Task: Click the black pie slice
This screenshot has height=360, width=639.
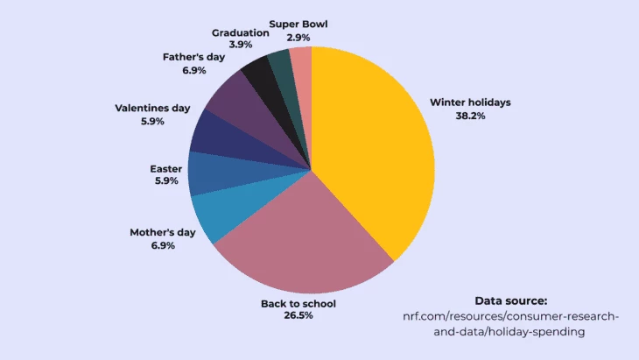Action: coord(259,77)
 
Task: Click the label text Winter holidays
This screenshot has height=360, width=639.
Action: coord(470,102)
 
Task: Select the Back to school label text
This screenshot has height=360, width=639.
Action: coord(298,304)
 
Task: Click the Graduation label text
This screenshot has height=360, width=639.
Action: coord(241,33)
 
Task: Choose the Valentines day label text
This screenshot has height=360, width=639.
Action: coord(152,109)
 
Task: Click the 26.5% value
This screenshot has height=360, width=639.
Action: coord(298,315)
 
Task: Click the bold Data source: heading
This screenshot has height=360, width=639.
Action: coord(511,300)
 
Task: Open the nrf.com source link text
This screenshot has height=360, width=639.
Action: coord(509,323)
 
